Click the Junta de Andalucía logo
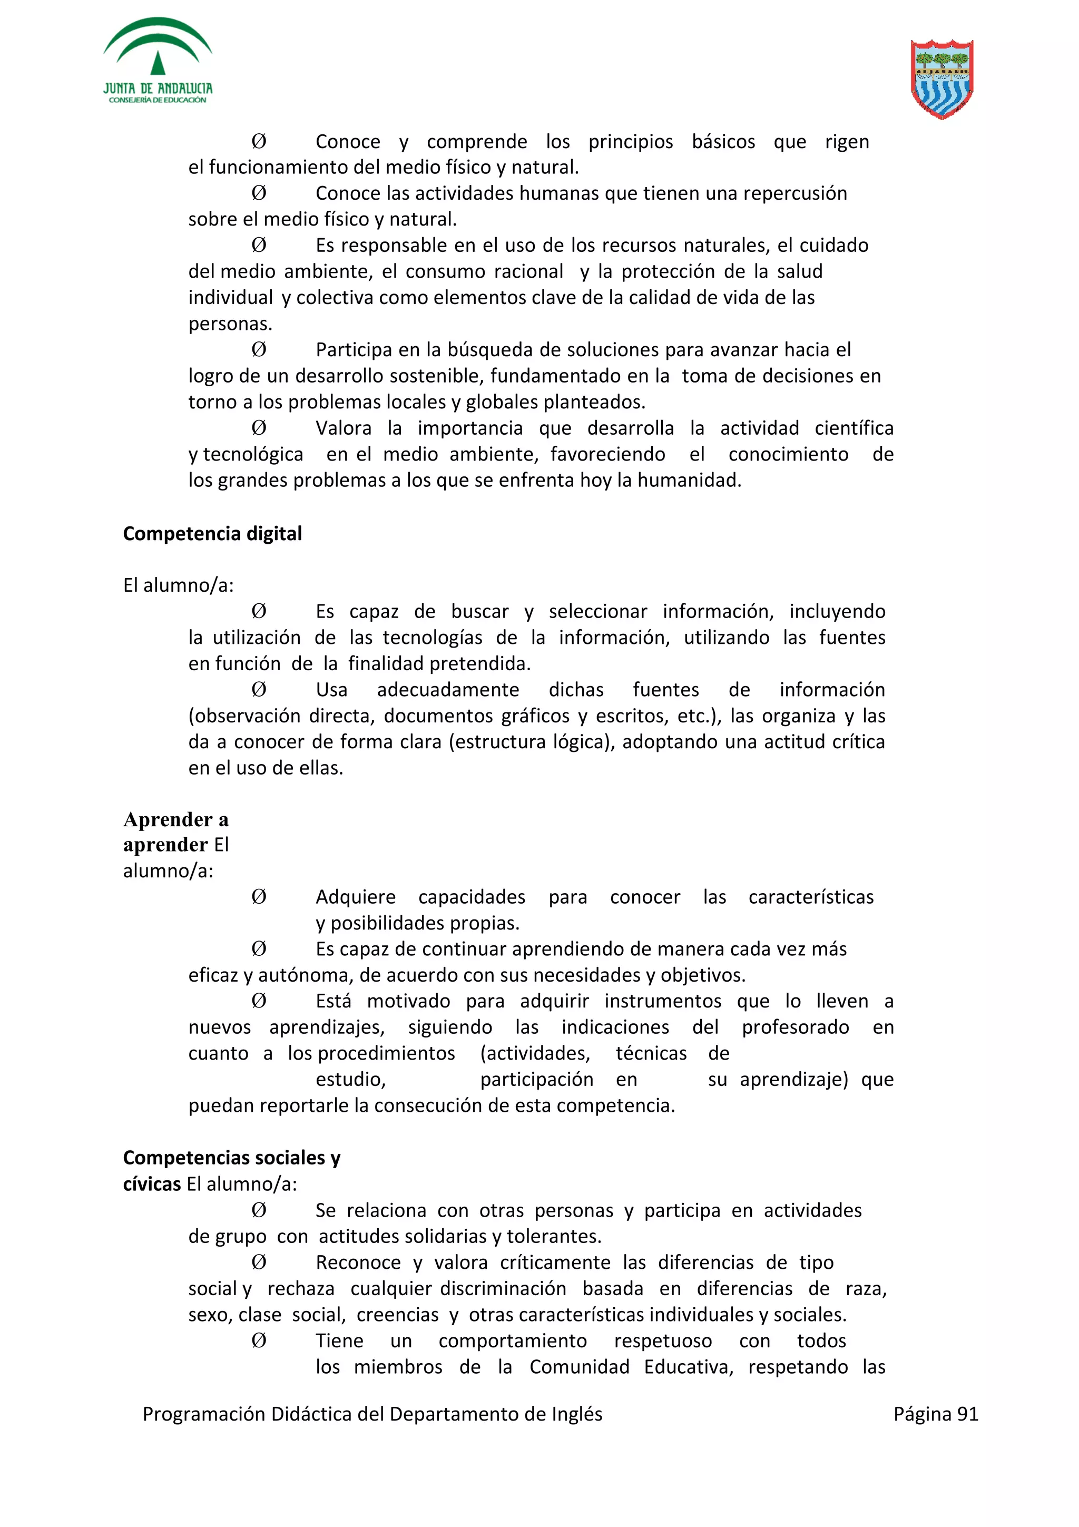[158, 61]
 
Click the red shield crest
[941, 79]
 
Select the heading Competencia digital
[212, 534]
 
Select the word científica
[854, 428]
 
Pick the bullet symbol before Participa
[259, 350]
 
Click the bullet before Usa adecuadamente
[259, 690]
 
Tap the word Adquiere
[355, 897]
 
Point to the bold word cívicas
[152, 1185]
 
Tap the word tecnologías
[432, 638]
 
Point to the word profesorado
[795, 1027]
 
